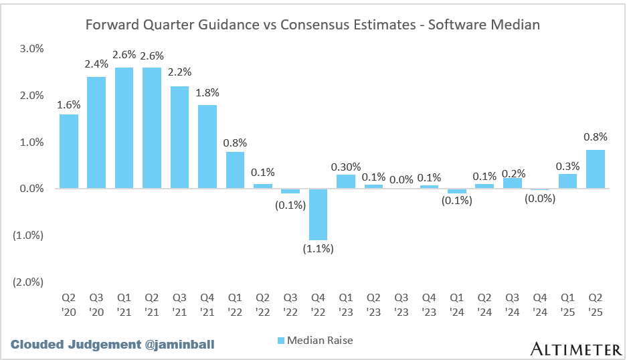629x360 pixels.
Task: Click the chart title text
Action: point(312,25)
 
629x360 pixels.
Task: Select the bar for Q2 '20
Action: point(69,151)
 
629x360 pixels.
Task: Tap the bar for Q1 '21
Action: point(124,128)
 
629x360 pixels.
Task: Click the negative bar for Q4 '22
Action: point(319,214)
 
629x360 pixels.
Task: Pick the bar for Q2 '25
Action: point(596,169)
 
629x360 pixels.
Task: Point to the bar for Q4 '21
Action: point(207,147)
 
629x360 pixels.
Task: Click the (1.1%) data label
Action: point(319,249)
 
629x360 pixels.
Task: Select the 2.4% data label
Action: point(97,64)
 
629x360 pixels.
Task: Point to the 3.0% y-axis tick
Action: point(30,49)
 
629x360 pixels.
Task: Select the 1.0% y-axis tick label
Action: point(30,142)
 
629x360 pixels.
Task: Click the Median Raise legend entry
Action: point(314,341)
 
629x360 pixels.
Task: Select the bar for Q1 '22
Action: point(236,170)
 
